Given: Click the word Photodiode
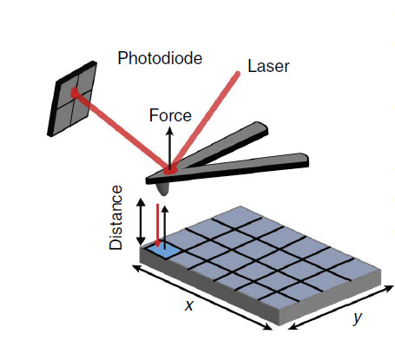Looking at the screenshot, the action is (x=160, y=58).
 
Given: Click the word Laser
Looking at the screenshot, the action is (x=268, y=66).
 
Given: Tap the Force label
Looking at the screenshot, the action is (x=170, y=115).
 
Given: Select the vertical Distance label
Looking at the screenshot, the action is (x=116, y=218).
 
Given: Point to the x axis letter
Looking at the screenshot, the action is (x=189, y=305).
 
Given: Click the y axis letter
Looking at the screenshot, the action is (x=358, y=318).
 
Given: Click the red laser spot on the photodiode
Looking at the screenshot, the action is (x=75, y=93).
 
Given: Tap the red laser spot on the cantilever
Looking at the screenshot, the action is (x=170, y=170).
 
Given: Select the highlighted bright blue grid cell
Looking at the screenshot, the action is (x=162, y=252).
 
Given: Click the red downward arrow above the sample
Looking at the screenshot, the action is (x=157, y=226).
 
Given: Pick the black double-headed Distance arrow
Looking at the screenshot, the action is (x=141, y=222).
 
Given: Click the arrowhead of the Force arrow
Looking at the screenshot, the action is (x=170, y=131).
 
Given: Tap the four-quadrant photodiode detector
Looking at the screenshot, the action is (x=72, y=99).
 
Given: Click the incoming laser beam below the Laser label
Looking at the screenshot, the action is (x=205, y=121).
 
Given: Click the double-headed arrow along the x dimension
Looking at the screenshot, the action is (x=201, y=298).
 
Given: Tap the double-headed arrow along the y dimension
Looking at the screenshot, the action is (x=341, y=307).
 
